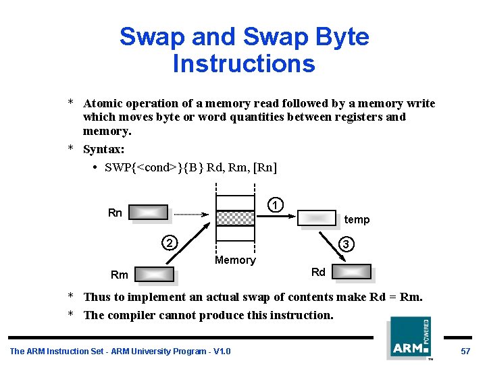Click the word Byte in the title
click(x=343, y=36)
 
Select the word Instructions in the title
click(x=244, y=63)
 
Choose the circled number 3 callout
click(x=345, y=244)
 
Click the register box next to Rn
click(x=149, y=213)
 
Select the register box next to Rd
click(x=352, y=272)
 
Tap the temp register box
click(x=317, y=217)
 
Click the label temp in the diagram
click(x=357, y=220)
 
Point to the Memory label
click(x=235, y=260)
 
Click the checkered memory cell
click(x=235, y=217)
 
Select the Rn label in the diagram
click(x=115, y=213)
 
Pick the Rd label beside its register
click(x=318, y=272)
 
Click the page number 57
click(x=465, y=351)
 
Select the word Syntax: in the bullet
click(x=104, y=149)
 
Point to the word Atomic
click(x=102, y=104)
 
